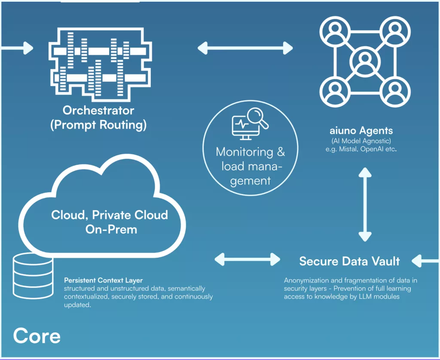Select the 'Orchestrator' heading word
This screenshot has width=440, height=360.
click(x=98, y=110)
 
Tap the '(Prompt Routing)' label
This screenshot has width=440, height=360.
click(x=98, y=125)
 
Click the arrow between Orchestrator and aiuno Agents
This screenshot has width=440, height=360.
click(x=245, y=48)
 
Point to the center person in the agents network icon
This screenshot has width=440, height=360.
click(x=365, y=60)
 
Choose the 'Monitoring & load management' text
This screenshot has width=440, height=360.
click(x=250, y=166)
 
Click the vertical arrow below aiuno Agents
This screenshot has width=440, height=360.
click(x=365, y=204)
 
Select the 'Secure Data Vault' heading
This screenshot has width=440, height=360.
click(x=349, y=261)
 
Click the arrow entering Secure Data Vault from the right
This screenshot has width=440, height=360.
click(x=425, y=260)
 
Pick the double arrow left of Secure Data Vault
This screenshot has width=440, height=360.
click(x=247, y=259)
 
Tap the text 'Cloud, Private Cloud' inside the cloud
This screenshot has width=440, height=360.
click(x=110, y=215)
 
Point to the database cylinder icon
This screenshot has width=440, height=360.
click(x=33, y=275)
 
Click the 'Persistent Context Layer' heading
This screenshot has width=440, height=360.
click(x=103, y=280)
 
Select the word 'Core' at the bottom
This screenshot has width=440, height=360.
click(x=37, y=335)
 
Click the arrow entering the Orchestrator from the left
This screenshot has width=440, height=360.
click(x=17, y=48)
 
